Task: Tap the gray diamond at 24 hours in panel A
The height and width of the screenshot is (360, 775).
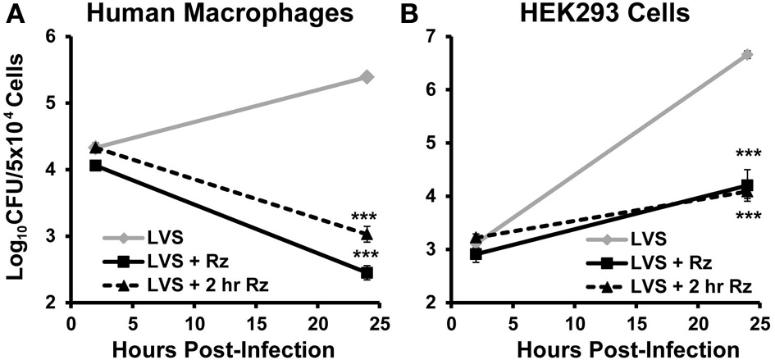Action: [x=367, y=77]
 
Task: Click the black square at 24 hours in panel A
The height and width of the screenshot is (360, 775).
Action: [x=367, y=272]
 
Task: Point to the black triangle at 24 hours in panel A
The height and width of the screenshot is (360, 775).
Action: [x=367, y=235]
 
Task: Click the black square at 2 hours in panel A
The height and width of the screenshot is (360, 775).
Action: [x=96, y=166]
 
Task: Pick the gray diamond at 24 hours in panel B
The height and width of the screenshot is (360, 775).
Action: [x=746, y=55]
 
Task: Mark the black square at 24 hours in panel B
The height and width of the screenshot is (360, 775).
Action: [x=746, y=185]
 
